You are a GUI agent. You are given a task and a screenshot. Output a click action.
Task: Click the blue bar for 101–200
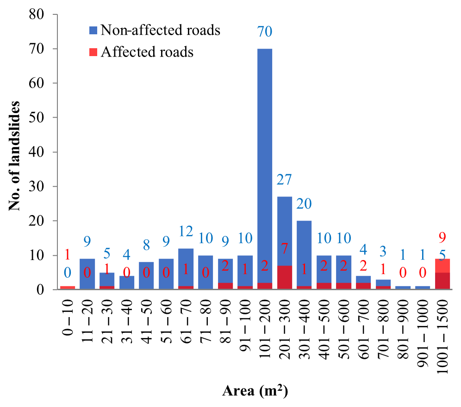(x=265, y=167)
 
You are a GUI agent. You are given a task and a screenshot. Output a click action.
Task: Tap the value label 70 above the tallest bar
(x=265, y=32)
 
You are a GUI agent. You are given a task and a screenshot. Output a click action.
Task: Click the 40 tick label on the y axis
(x=37, y=152)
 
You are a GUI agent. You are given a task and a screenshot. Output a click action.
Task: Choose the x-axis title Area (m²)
(x=255, y=392)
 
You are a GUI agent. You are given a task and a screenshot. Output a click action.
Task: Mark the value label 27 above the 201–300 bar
(x=284, y=180)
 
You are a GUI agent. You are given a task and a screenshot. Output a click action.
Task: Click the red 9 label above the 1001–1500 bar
(x=442, y=238)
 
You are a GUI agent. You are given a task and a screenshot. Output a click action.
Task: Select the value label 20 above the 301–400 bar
(x=304, y=204)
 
